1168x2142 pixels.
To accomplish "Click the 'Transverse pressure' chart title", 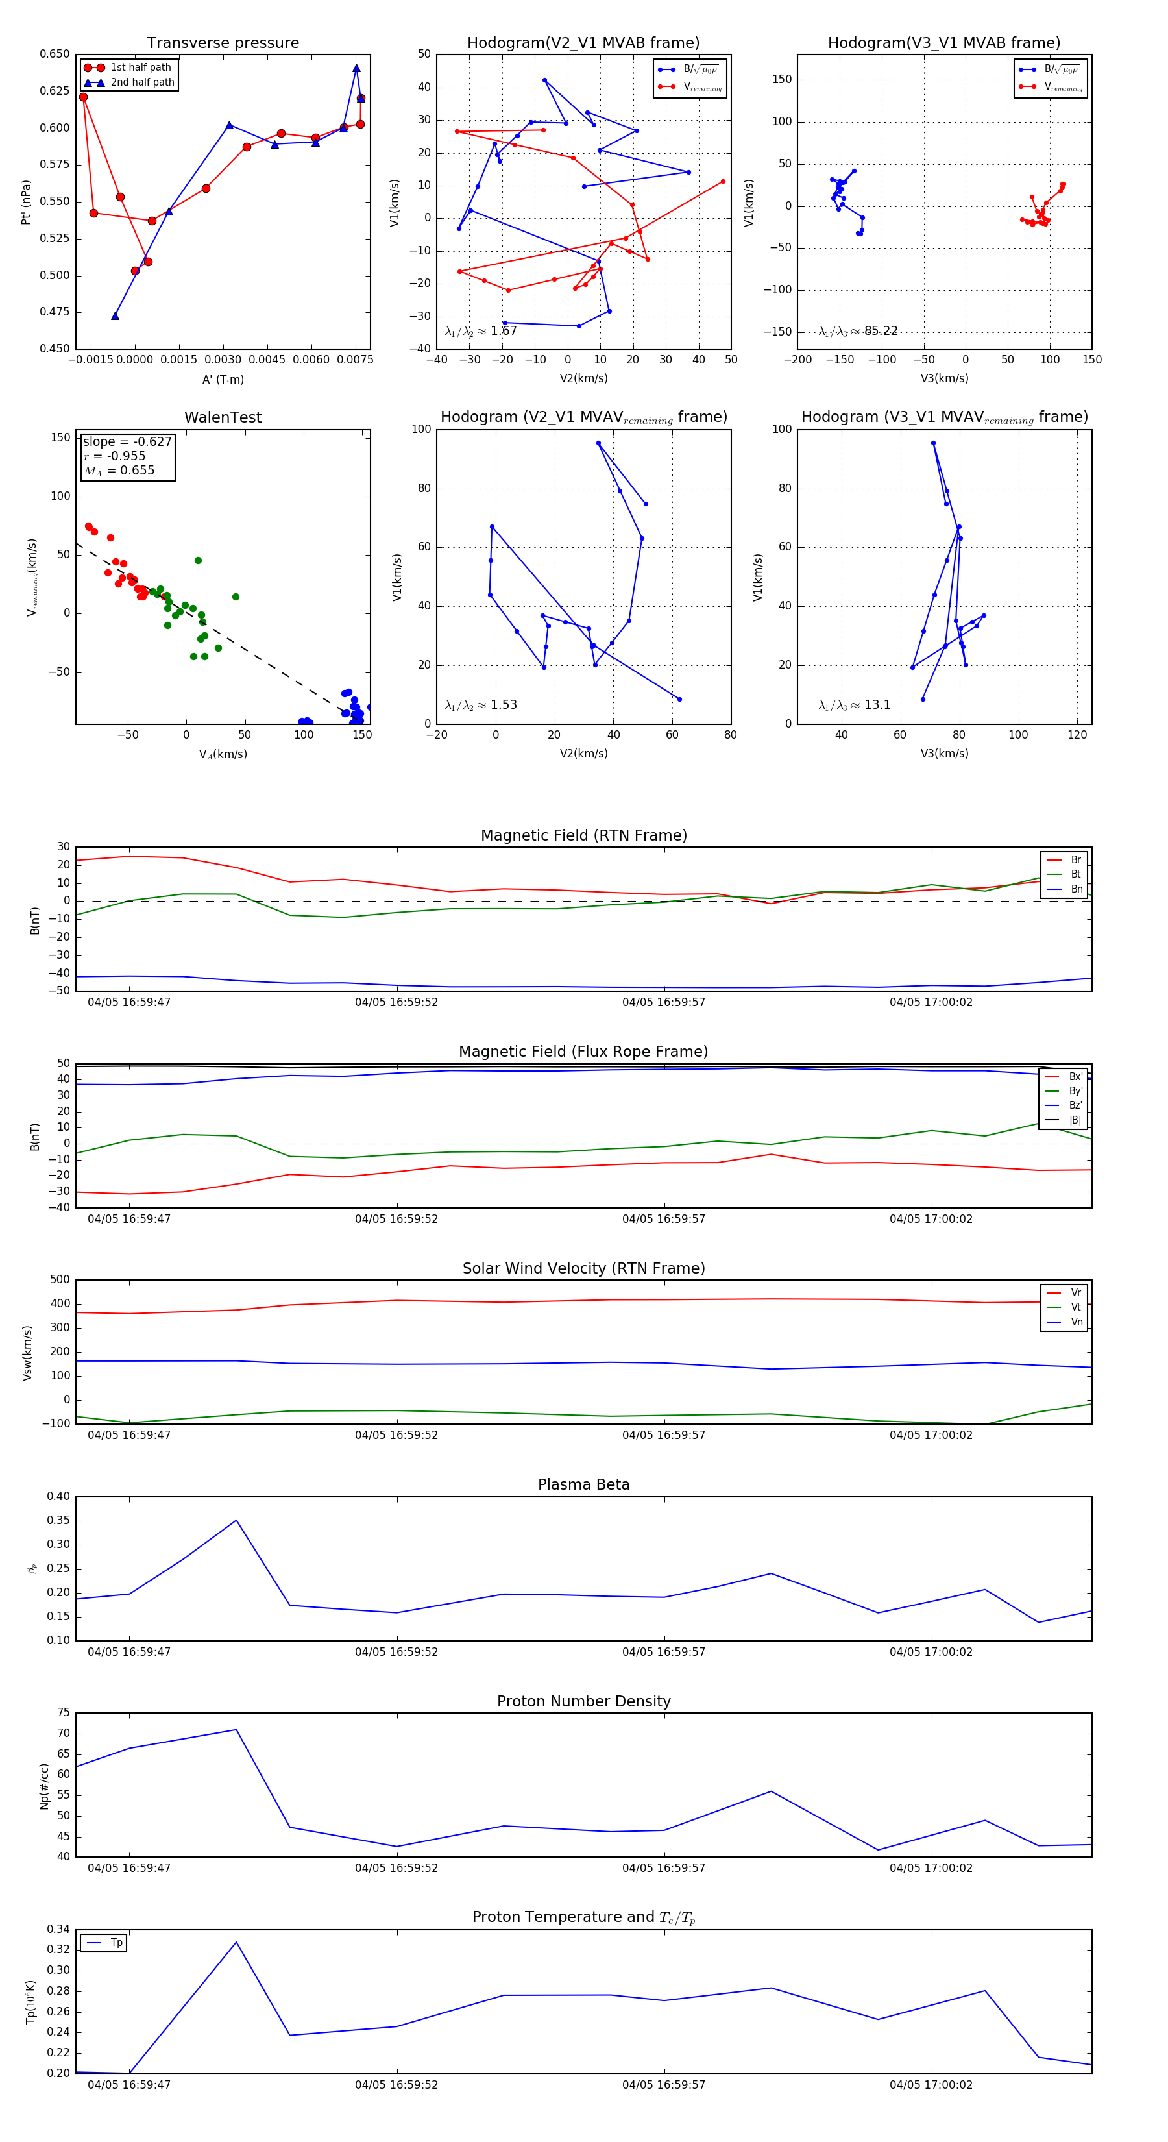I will [223, 43].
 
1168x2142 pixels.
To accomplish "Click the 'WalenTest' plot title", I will [223, 417].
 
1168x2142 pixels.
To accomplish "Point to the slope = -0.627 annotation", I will [127, 441].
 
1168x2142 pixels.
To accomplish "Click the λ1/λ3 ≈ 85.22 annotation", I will [858, 331].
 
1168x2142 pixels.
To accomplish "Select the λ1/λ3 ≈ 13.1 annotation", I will [855, 705].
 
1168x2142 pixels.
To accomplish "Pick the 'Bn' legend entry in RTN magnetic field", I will [1076, 889].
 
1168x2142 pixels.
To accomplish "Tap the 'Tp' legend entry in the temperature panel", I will [116, 1943].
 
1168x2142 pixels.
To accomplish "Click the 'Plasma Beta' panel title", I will [583, 1484].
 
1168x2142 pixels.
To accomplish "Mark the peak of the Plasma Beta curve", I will [236, 1520].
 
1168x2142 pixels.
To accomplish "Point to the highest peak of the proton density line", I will [236, 1730].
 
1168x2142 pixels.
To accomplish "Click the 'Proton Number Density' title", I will [583, 1701].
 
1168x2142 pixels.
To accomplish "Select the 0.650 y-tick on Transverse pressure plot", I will [55, 54].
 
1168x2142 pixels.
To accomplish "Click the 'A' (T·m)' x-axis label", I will [223, 379].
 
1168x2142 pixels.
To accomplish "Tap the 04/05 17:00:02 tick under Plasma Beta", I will [931, 1651].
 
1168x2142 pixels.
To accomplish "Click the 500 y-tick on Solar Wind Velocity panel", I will [60, 1280].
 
